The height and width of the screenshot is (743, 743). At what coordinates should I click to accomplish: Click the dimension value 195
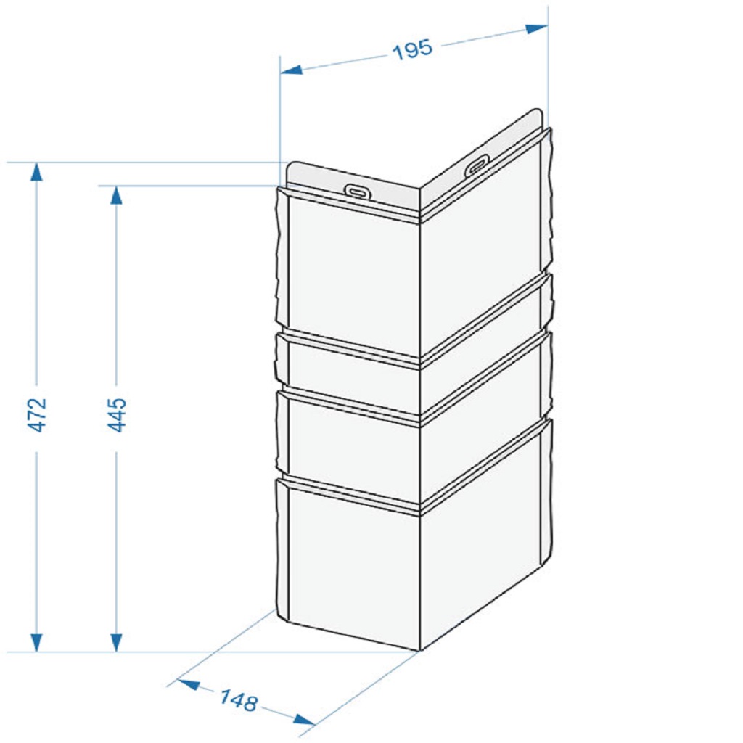[413, 49]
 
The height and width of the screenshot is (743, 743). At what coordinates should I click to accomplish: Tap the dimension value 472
[36, 414]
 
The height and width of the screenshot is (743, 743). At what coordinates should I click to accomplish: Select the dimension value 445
[117, 414]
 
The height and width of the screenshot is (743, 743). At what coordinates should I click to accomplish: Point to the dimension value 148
[239, 700]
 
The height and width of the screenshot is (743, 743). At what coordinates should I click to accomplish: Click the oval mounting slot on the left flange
[357, 191]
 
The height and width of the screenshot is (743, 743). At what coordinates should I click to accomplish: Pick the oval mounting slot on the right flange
[477, 165]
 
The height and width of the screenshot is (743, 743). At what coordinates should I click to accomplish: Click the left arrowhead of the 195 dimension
[291, 70]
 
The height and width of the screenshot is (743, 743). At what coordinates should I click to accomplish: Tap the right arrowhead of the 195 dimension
[536, 28]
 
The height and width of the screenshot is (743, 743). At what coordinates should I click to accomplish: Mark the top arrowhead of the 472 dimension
[36, 171]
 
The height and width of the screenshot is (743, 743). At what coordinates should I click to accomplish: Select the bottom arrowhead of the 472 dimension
[36, 643]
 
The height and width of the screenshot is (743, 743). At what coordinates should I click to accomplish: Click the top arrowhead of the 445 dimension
[117, 194]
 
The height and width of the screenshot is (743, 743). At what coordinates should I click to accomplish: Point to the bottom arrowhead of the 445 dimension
[117, 643]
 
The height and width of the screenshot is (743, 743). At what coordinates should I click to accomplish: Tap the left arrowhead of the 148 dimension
[188, 685]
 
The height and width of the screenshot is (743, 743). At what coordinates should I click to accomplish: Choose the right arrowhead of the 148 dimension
[304, 719]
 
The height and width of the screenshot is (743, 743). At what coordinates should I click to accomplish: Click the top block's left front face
[353, 275]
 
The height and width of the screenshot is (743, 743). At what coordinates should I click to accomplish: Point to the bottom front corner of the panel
[420, 651]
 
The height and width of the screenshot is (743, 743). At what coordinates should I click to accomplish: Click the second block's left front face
[353, 377]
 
